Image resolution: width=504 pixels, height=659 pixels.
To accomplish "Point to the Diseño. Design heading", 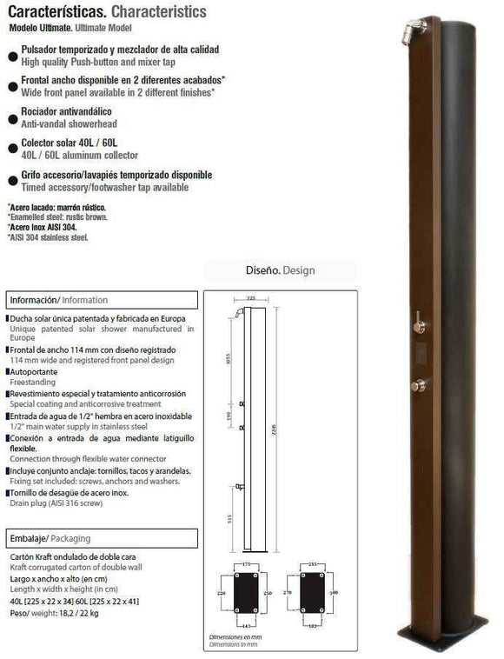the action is (281, 270).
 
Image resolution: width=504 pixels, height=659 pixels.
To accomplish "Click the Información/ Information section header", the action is (59, 300).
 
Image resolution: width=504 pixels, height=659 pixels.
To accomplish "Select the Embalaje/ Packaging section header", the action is (50, 538).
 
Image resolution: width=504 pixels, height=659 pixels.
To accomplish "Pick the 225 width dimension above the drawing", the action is (251, 298).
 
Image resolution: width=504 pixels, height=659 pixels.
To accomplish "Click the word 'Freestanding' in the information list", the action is (33, 381).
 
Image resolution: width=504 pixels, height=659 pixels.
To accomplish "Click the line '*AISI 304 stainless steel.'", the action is (49, 236).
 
